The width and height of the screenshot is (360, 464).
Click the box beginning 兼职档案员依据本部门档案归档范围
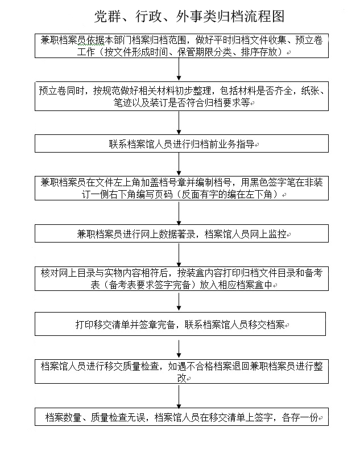[x=181, y=46]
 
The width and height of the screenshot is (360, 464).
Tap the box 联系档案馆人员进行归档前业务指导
[x=181, y=143]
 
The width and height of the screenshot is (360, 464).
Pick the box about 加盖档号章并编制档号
[x=181, y=188]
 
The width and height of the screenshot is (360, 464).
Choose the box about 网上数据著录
[x=181, y=233]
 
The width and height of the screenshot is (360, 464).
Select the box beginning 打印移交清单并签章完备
[x=181, y=325]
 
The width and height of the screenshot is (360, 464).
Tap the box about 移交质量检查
[x=181, y=372]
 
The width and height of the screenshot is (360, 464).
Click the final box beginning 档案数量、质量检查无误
[x=181, y=417]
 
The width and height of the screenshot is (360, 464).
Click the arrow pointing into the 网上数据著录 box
[x=180, y=213]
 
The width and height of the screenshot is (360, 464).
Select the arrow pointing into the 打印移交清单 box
[x=180, y=303]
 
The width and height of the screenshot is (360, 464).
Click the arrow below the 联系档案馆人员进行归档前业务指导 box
[x=180, y=164]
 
